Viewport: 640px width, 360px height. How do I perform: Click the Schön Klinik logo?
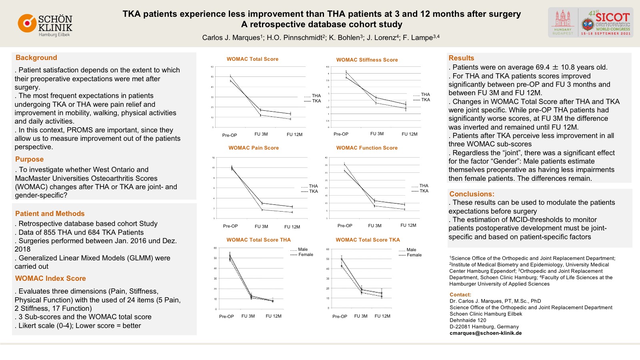[x=45, y=25]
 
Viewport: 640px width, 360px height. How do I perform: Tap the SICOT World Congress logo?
[x=590, y=22]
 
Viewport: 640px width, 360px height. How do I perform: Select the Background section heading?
[x=36, y=58]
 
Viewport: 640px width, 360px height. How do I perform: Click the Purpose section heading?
[x=29, y=159]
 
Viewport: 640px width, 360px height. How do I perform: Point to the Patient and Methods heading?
[x=50, y=214]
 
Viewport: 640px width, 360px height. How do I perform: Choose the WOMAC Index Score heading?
[x=50, y=278]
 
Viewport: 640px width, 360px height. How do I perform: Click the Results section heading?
[x=461, y=58]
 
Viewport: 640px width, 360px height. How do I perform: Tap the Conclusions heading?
[x=472, y=194]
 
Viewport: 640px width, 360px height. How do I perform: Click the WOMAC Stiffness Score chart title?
[x=367, y=60]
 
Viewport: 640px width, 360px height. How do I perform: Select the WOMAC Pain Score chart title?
[x=254, y=148]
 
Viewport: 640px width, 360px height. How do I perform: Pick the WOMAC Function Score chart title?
[x=367, y=148]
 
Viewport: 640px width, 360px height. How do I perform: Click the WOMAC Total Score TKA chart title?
[x=368, y=240]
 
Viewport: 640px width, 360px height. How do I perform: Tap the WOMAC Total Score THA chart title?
[x=258, y=240]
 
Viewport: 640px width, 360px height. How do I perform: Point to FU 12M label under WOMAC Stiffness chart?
[x=410, y=134]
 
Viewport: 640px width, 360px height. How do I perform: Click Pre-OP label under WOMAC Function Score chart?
[x=345, y=226]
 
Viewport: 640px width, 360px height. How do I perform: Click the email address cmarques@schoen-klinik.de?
[x=486, y=333]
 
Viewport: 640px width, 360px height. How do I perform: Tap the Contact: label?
[x=460, y=295]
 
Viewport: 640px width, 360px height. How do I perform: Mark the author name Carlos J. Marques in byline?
[x=231, y=38]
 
